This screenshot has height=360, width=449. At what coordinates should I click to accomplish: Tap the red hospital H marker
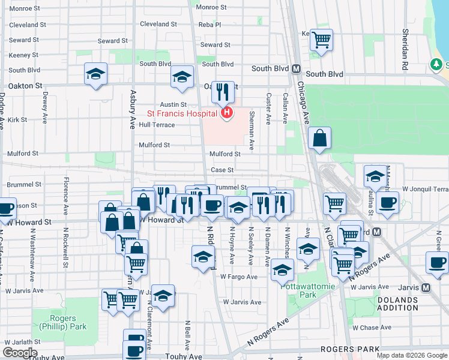(x=226, y=112)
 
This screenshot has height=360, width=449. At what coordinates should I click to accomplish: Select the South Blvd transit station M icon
(x=295, y=68)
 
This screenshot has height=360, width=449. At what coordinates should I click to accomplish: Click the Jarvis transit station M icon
(x=426, y=287)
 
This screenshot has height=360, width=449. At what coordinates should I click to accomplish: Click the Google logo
(x=20, y=353)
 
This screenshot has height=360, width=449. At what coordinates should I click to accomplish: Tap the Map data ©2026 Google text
(x=411, y=355)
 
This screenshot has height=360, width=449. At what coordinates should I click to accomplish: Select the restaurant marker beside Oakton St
(x=223, y=92)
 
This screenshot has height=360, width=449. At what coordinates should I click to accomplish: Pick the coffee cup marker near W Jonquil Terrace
(x=387, y=202)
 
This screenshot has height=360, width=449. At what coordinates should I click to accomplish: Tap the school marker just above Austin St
(x=182, y=76)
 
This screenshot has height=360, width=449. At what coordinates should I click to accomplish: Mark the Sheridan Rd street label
(x=406, y=48)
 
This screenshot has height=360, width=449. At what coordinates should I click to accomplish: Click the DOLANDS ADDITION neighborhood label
(x=397, y=303)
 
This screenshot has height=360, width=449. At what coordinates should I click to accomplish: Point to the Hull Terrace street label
(x=157, y=125)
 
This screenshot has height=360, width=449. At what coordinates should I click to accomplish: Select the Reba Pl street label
(x=210, y=25)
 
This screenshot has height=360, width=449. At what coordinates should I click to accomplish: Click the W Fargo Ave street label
(x=238, y=277)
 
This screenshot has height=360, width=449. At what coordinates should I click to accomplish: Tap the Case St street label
(x=221, y=170)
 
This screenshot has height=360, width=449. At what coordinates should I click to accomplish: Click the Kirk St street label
(x=19, y=120)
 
